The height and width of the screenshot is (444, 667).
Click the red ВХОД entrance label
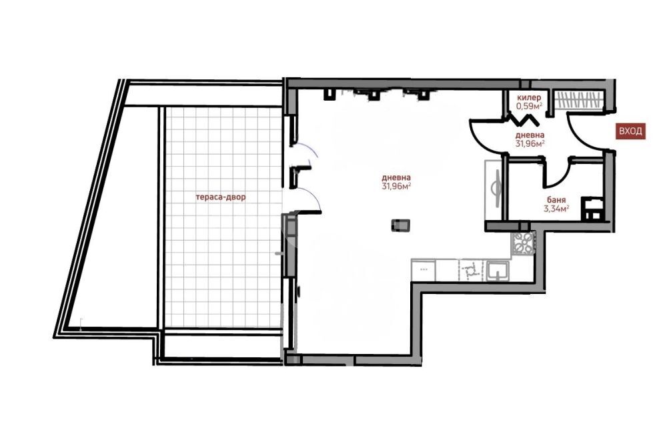[x=630, y=131]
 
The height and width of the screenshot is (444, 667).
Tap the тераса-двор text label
[x=220, y=197]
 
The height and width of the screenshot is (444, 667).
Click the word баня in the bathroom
[x=556, y=200]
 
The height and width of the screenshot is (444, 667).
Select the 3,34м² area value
[x=556, y=209]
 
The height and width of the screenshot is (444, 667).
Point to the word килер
[x=529, y=98]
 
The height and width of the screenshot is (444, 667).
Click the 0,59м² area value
[x=529, y=106]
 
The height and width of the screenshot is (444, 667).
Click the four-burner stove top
[x=522, y=244]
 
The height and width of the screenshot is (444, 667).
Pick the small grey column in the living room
[x=400, y=225]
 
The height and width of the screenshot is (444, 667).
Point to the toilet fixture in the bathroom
[x=592, y=209]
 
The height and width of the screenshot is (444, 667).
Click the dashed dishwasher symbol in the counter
[x=470, y=271]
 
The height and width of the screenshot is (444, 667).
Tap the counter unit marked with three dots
[x=424, y=271]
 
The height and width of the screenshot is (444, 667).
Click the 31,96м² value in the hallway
[x=530, y=143]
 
